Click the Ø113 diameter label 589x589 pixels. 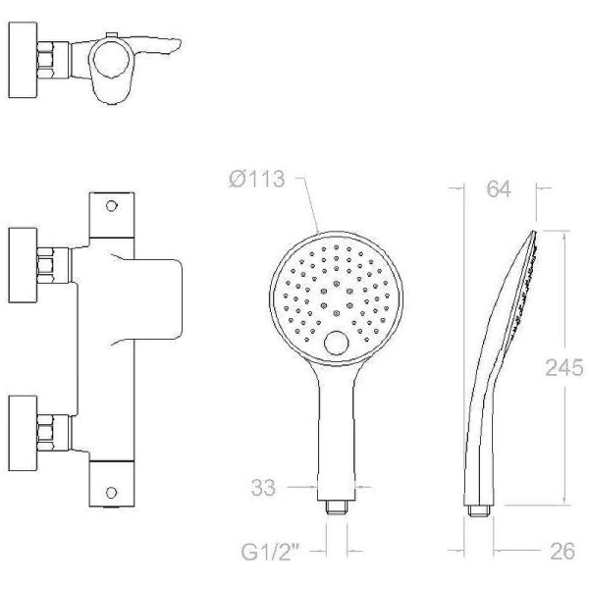[x=257, y=179]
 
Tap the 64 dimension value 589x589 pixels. [x=499, y=188]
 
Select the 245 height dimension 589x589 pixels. [x=564, y=367]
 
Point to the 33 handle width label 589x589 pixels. [x=263, y=488]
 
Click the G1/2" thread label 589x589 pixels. [x=270, y=552]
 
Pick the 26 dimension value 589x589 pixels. [x=562, y=551]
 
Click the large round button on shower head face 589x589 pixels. [x=336, y=343]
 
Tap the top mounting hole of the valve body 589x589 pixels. [x=111, y=205]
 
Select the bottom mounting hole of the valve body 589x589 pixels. [x=111, y=493]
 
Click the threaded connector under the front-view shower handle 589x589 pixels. [x=337, y=508]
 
